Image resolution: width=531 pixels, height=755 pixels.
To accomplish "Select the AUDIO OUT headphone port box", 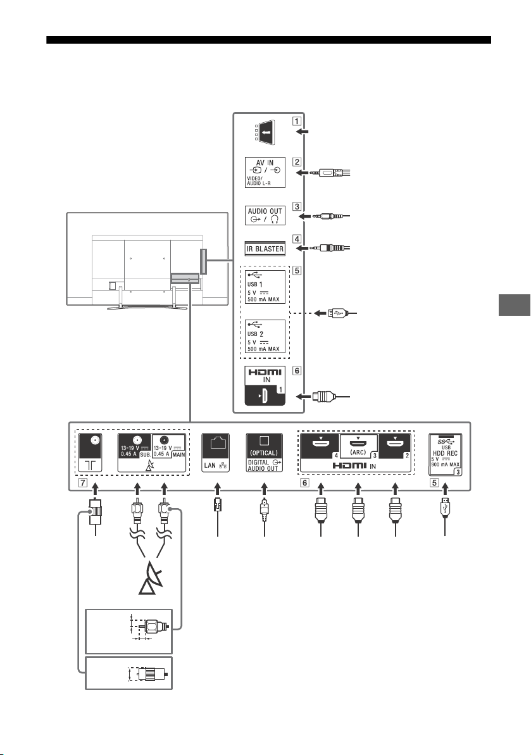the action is coord(265,215).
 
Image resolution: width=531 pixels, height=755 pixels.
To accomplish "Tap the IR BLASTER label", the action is coord(265,249).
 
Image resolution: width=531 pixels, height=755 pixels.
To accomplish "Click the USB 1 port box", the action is coord(265,287).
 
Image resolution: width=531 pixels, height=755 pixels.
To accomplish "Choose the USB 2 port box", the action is coord(265,337).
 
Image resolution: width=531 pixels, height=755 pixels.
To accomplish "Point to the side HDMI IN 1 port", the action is coord(265,385).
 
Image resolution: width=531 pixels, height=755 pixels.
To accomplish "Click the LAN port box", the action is coord(216,453).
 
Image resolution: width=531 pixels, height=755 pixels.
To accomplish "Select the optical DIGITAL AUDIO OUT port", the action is coord(265,453).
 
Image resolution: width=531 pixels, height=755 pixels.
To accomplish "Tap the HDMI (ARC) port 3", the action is coord(359,446).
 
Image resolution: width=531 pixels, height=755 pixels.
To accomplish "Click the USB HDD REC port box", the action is coord(446,454).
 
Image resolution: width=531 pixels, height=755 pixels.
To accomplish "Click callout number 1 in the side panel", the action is coord(298,121).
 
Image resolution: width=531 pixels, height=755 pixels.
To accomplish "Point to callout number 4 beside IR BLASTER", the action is coord(297,239).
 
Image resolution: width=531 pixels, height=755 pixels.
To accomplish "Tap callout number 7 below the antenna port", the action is coord(83,482).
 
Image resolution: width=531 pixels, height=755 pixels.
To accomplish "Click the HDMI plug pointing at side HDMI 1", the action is coord(323,397).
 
